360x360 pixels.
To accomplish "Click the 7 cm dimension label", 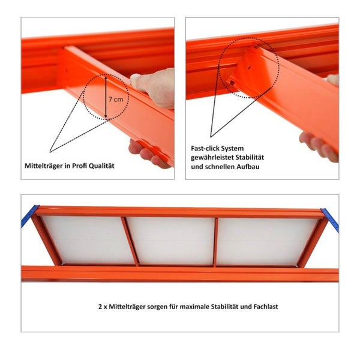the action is pos(116,99).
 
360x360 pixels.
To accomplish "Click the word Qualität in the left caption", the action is pos(101,166).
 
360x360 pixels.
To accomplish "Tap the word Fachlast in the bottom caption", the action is pos(266,307).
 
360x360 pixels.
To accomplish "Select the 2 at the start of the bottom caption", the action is pos(100,307).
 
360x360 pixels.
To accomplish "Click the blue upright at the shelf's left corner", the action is pos(30,216).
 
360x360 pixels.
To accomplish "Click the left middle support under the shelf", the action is pos(130,241).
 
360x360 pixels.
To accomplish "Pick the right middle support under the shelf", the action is pos(215,242).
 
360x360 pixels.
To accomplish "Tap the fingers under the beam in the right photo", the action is pos(318,147).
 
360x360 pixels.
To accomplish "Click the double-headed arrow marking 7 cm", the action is pos(106,97).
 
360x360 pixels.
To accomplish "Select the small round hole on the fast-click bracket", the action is pos(249,67).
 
